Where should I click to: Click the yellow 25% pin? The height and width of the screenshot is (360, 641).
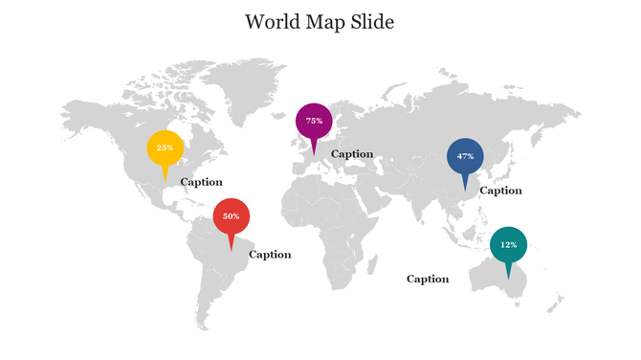(x=166, y=148)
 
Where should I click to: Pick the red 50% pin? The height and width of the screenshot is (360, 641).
(x=232, y=216)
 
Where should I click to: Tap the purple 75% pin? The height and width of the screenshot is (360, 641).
(x=314, y=121)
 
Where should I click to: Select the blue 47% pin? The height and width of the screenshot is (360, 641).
(x=465, y=156)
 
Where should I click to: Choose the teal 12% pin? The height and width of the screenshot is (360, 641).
(x=508, y=245)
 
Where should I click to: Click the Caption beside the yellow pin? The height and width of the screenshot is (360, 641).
(x=201, y=182)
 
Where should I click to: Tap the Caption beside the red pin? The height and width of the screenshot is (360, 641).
(x=270, y=255)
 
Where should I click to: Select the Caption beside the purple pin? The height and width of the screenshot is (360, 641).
(x=352, y=153)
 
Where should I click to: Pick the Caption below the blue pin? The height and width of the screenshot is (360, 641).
(x=500, y=191)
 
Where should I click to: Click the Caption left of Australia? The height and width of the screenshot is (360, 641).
(x=428, y=280)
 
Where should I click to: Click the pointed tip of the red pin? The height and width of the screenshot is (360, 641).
(x=232, y=251)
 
